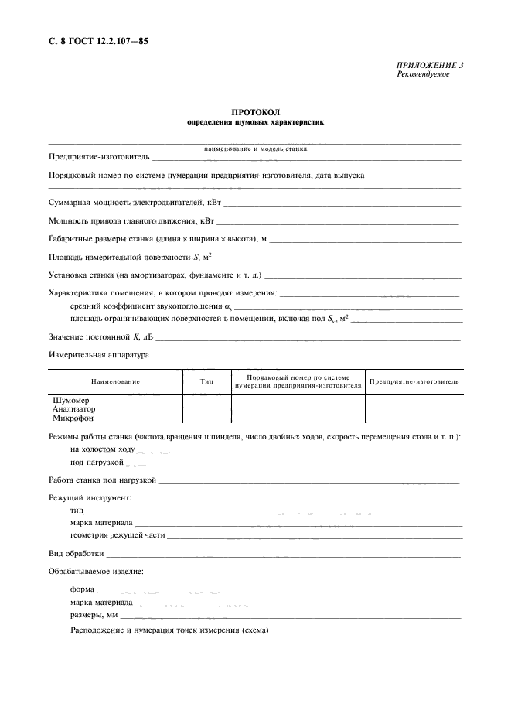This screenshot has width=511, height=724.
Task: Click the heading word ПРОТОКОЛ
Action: click(x=254, y=112)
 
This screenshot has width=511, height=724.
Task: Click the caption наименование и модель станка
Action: click(x=255, y=148)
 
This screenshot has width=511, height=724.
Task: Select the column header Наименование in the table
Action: click(x=115, y=381)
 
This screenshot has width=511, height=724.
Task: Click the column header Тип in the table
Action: click(x=206, y=381)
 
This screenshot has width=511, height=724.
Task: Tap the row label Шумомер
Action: click(x=70, y=400)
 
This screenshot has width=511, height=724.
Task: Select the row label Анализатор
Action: click(x=74, y=408)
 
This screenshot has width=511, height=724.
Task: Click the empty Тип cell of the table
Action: click(x=206, y=408)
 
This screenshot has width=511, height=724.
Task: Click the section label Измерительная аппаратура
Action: click(x=98, y=354)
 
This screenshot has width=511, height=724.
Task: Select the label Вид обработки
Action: click(x=76, y=554)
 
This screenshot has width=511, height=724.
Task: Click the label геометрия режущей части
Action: click(x=118, y=535)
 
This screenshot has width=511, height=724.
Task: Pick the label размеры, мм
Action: click(x=94, y=615)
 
